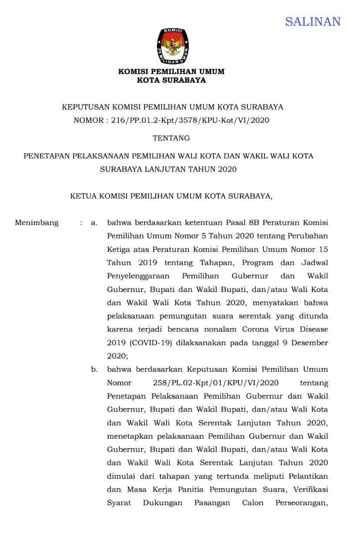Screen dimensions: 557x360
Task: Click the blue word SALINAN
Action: (x=313, y=21)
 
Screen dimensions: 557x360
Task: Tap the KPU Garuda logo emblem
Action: (x=172, y=46)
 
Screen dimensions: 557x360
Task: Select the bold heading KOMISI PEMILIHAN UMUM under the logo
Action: (x=171, y=71)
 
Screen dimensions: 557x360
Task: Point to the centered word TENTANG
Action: (x=171, y=138)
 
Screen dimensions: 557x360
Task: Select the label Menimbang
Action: (x=37, y=223)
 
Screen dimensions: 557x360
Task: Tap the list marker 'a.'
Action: (x=94, y=223)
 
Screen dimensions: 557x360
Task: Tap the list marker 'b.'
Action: (x=94, y=369)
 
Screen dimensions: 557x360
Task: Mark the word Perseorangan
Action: (x=302, y=503)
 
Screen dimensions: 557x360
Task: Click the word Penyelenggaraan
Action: (x=140, y=276)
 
